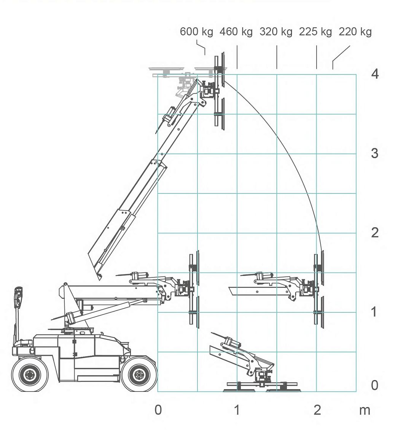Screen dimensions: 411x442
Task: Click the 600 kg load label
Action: [x=196, y=32]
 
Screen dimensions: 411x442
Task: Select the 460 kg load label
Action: [x=236, y=32]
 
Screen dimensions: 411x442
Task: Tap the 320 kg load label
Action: [x=276, y=32]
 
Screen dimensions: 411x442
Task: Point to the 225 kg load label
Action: [x=315, y=32]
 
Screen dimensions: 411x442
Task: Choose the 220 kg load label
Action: [x=355, y=32]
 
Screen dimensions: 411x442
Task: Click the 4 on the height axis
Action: [x=375, y=74]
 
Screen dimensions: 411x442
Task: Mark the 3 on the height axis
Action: [x=374, y=153]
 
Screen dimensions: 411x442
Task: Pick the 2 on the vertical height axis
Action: [x=374, y=233]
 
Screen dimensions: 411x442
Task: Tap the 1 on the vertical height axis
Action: [x=374, y=312]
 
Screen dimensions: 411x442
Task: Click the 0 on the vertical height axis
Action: [x=374, y=385]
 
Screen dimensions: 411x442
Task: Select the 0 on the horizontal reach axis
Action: [x=158, y=410]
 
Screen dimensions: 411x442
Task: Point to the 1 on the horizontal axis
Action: [x=237, y=410]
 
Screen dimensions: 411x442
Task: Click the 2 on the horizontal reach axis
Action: [x=317, y=410]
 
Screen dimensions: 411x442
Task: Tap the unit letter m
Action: [x=365, y=411]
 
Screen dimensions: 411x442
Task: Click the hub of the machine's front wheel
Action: [x=139, y=375]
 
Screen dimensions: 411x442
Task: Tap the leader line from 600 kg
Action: [x=201, y=48]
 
